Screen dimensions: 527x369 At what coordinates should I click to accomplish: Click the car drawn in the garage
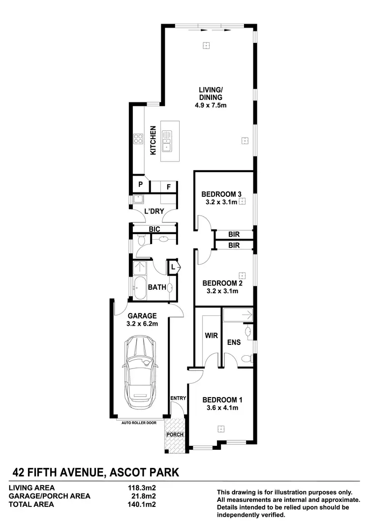click(x=141, y=371)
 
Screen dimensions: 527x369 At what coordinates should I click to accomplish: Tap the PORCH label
click(x=175, y=434)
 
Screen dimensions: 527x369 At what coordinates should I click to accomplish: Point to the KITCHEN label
click(x=153, y=141)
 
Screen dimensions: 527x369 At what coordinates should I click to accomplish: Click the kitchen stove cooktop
click(x=138, y=140)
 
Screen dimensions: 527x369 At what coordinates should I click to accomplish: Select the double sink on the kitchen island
click(x=168, y=140)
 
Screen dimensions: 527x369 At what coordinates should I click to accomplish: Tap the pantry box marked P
click(x=140, y=185)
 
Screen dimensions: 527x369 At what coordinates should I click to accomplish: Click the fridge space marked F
click(x=168, y=186)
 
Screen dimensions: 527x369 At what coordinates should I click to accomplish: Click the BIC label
click(x=154, y=229)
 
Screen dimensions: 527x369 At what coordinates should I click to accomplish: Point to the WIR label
click(x=211, y=337)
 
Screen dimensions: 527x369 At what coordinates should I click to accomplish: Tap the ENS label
click(x=234, y=342)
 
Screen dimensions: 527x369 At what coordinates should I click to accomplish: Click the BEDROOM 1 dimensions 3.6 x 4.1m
click(x=221, y=407)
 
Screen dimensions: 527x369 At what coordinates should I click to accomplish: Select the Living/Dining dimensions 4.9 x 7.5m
click(x=211, y=105)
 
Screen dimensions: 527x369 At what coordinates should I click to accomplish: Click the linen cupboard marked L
click(x=174, y=267)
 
